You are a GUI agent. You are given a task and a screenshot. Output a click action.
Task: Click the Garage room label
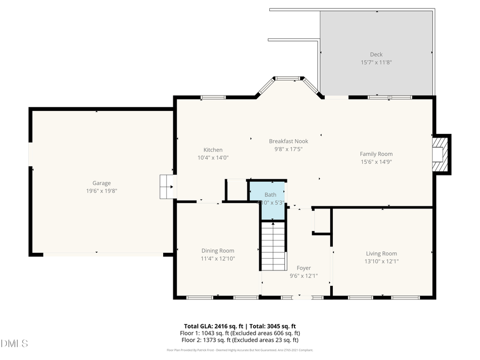[x=101, y=183]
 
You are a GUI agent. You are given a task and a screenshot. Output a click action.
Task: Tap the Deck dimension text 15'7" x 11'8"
[x=376, y=62]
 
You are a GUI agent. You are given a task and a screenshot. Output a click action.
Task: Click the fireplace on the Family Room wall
[x=440, y=154]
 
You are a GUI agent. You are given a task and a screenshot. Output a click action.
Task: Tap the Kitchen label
[x=213, y=150]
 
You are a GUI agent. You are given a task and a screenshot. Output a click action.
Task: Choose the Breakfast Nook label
[x=288, y=141]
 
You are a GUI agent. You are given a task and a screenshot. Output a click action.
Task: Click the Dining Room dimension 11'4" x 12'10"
[x=218, y=259]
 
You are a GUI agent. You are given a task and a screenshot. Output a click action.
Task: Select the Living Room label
[x=381, y=253]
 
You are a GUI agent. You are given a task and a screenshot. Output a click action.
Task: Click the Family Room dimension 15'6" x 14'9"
[x=376, y=162]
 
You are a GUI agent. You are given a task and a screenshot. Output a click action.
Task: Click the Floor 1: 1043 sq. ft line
[x=239, y=333]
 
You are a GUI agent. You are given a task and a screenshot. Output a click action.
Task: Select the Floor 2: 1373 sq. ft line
[x=239, y=340]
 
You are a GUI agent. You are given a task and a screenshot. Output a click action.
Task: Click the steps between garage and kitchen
[x=166, y=187]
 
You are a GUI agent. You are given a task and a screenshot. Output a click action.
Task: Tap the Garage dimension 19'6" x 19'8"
[x=101, y=190]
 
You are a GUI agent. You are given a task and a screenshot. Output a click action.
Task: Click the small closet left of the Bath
[x=236, y=190]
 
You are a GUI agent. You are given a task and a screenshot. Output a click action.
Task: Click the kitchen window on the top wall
[x=213, y=97]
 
